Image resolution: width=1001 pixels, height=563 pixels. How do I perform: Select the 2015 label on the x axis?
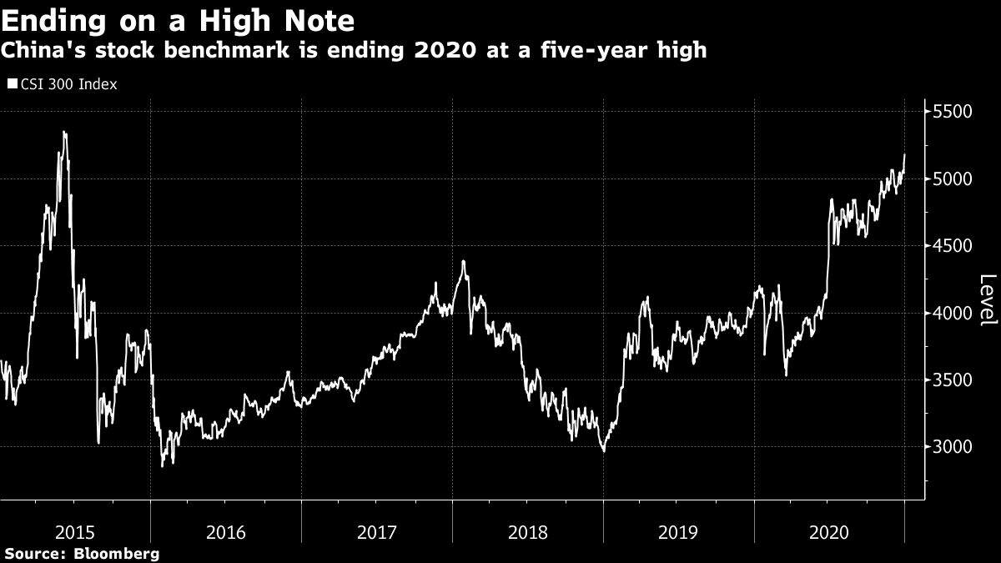(75, 530)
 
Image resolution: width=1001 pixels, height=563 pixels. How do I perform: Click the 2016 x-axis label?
(226, 530)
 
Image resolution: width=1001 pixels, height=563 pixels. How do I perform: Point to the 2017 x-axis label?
(377, 530)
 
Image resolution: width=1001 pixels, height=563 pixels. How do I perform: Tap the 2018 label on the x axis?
(527, 530)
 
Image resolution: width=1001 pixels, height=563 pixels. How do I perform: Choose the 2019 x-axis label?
(678, 530)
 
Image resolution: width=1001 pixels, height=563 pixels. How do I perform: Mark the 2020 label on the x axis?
(829, 530)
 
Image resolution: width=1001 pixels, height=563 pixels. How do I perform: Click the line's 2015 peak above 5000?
(64, 132)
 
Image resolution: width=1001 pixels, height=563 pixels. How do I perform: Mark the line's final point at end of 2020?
(905, 154)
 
